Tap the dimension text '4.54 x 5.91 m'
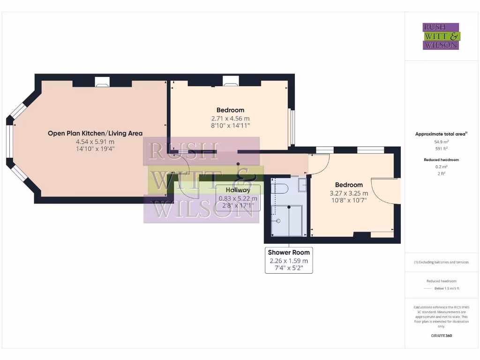(95, 142)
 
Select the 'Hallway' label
(238, 190)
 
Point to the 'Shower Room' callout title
(289, 253)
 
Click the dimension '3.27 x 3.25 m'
(349, 193)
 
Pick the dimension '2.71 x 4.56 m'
(230, 119)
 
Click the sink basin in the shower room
(302, 185)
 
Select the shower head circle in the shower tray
(278, 220)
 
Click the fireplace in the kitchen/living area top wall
(102, 82)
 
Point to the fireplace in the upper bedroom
(230, 82)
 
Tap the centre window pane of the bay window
(9, 142)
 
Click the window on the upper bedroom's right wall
(292, 127)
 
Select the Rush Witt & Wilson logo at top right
(441, 37)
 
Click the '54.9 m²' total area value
(441, 141)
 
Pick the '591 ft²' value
(441, 149)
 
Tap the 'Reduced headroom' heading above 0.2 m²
(441, 160)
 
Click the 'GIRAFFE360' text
(441, 336)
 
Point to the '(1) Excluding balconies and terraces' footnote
(441, 262)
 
